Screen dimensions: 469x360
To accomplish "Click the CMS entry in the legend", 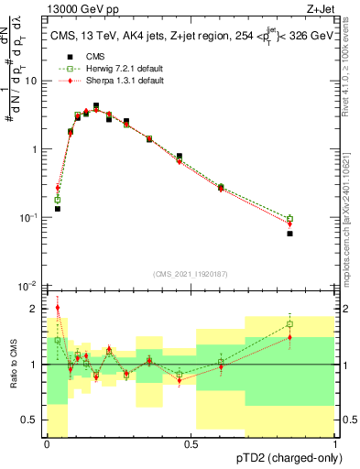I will click(x=83, y=58).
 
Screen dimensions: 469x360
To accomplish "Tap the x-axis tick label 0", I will click(x=46, y=444).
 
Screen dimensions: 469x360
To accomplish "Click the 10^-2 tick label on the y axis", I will click(x=27, y=287).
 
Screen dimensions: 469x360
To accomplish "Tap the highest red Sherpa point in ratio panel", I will click(x=58, y=308).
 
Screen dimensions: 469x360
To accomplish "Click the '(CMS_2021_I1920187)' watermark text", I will click(x=191, y=272).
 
